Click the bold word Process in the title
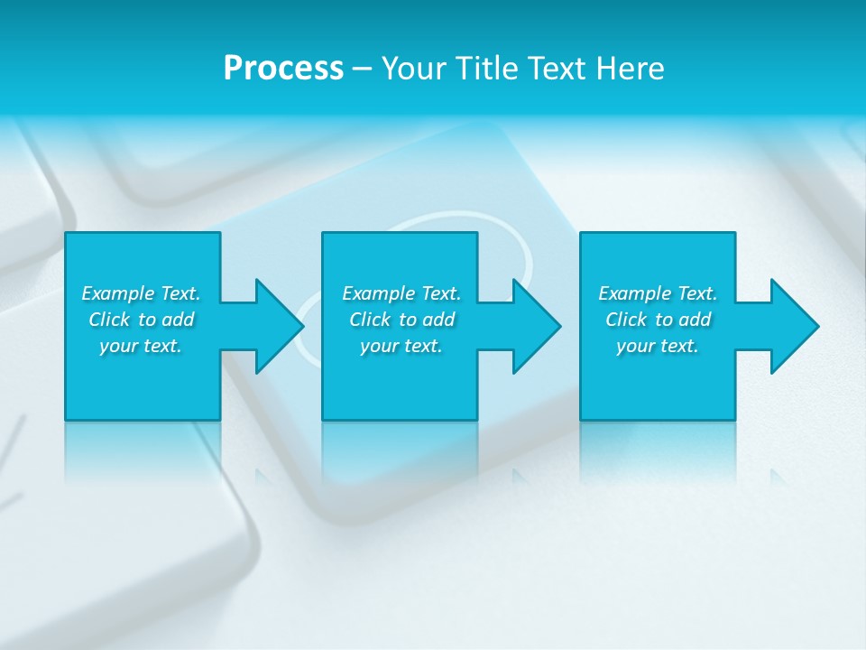(283, 69)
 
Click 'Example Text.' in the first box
(141, 293)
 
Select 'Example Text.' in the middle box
(401, 293)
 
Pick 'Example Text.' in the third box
(658, 293)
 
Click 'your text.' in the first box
(141, 346)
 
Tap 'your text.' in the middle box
(401, 346)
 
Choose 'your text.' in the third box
(658, 346)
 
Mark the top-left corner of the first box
(66, 233)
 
